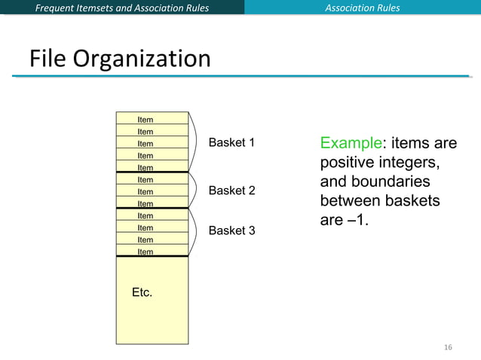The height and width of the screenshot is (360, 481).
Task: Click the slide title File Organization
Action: [x=120, y=59]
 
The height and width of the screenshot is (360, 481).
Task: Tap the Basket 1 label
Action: [x=231, y=142]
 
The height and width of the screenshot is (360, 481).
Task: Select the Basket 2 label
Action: [x=231, y=191]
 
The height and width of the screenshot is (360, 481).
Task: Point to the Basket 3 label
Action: [x=231, y=230]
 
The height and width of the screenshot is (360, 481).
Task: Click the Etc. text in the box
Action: [x=142, y=292]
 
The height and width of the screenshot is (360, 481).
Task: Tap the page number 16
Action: [x=448, y=347]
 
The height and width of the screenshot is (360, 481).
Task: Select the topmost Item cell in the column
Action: [x=152, y=119]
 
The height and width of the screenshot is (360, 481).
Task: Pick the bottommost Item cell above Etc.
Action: [x=152, y=252]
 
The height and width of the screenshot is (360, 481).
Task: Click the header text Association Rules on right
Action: [x=362, y=8]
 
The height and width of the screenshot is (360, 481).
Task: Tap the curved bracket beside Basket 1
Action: [x=195, y=142]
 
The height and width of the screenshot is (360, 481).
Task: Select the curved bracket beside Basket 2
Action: [x=195, y=190]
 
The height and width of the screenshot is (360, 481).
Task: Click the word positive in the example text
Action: [x=348, y=163]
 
